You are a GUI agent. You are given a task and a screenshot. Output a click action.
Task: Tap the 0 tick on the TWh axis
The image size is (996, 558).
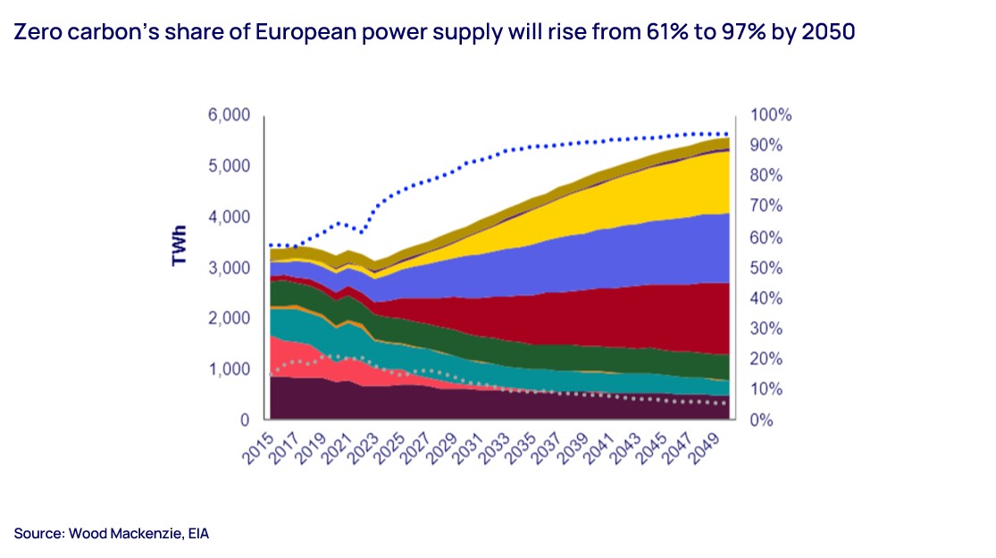click(245, 420)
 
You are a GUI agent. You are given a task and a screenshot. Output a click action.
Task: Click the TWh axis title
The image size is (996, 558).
click(179, 245)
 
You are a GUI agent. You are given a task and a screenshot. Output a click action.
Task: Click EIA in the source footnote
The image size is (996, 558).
click(198, 534)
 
